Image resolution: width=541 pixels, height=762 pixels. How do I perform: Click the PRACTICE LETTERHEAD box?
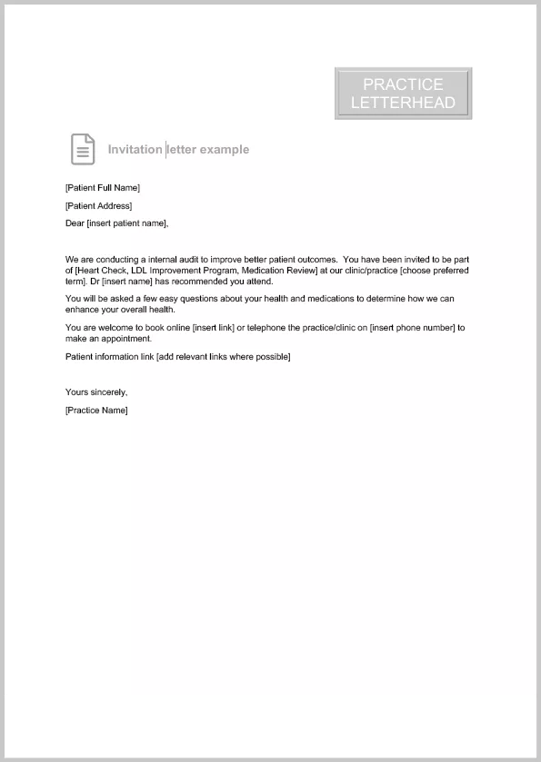click(x=403, y=94)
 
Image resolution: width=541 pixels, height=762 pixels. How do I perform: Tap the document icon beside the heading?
click(x=83, y=149)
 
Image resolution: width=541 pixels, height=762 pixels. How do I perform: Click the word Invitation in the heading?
click(x=135, y=150)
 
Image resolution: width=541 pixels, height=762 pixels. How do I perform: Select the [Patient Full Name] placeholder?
click(x=103, y=188)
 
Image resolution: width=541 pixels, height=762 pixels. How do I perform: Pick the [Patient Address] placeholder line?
click(x=98, y=206)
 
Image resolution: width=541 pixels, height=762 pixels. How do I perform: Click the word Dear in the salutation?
click(x=75, y=223)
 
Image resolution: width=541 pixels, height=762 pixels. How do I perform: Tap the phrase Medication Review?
click(x=278, y=271)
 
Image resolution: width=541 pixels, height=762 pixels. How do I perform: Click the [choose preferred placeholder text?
click(x=435, y=271)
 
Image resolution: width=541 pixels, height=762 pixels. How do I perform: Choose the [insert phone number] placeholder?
click(x=411, y=328)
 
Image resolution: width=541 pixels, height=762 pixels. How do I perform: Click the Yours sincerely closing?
click(x=96, y=392)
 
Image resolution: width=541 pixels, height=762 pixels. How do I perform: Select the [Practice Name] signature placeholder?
click(x=96, y=411)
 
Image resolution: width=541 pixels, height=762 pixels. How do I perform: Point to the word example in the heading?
click(x=225, y=150)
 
